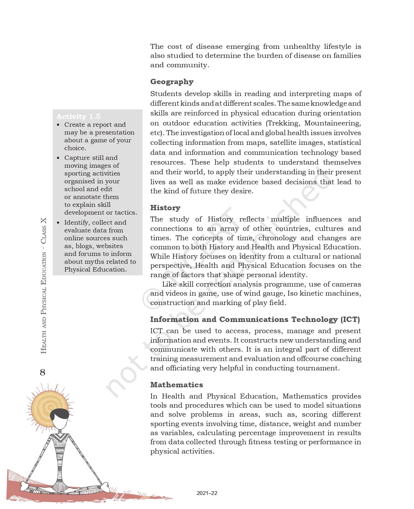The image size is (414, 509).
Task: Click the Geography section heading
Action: pyautogui.click(x=172, y=82)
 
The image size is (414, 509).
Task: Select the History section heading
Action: pyautogui.click(x=165, y=208)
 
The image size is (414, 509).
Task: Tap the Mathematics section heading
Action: pyautogui.click(x=177, y=384)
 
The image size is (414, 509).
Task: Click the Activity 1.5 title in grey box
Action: pyautogui.click(x=78, y=116)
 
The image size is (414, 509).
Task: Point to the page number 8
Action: pyautogui.click(x=42, y=372)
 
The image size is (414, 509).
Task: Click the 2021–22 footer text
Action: pyautogui.click(x=207, y=493)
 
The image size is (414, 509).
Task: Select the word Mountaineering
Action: pyautogui.click(x=332, y=123)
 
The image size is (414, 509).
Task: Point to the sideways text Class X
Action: pyautogui.click(x=43, y=231)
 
